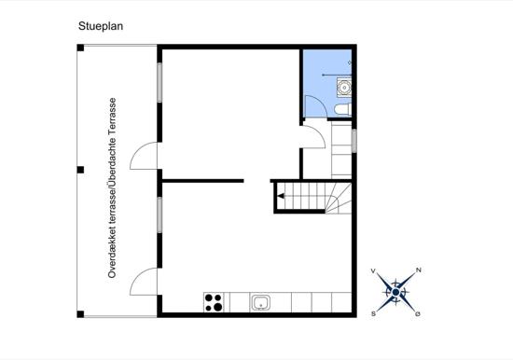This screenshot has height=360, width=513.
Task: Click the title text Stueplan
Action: tap(101, 28)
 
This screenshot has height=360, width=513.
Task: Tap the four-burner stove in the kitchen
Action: tap(214, 301)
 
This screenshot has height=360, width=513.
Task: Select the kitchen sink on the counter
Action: tap(261, 302)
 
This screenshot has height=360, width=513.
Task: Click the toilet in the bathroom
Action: tap(341, 110)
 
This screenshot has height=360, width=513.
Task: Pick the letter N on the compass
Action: tap(419, 270)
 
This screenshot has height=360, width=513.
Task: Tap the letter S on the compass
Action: tap(373, 314)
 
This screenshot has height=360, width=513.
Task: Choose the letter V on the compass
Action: tap(374, 270)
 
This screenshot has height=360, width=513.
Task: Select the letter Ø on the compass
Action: tap(418, 313)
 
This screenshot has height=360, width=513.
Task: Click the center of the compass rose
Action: tap(396, 292)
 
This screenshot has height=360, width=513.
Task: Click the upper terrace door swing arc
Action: tap(144, 156)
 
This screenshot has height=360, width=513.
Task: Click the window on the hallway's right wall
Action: tap(354, 137)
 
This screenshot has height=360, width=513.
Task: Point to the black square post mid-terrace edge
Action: tap(80, 170)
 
